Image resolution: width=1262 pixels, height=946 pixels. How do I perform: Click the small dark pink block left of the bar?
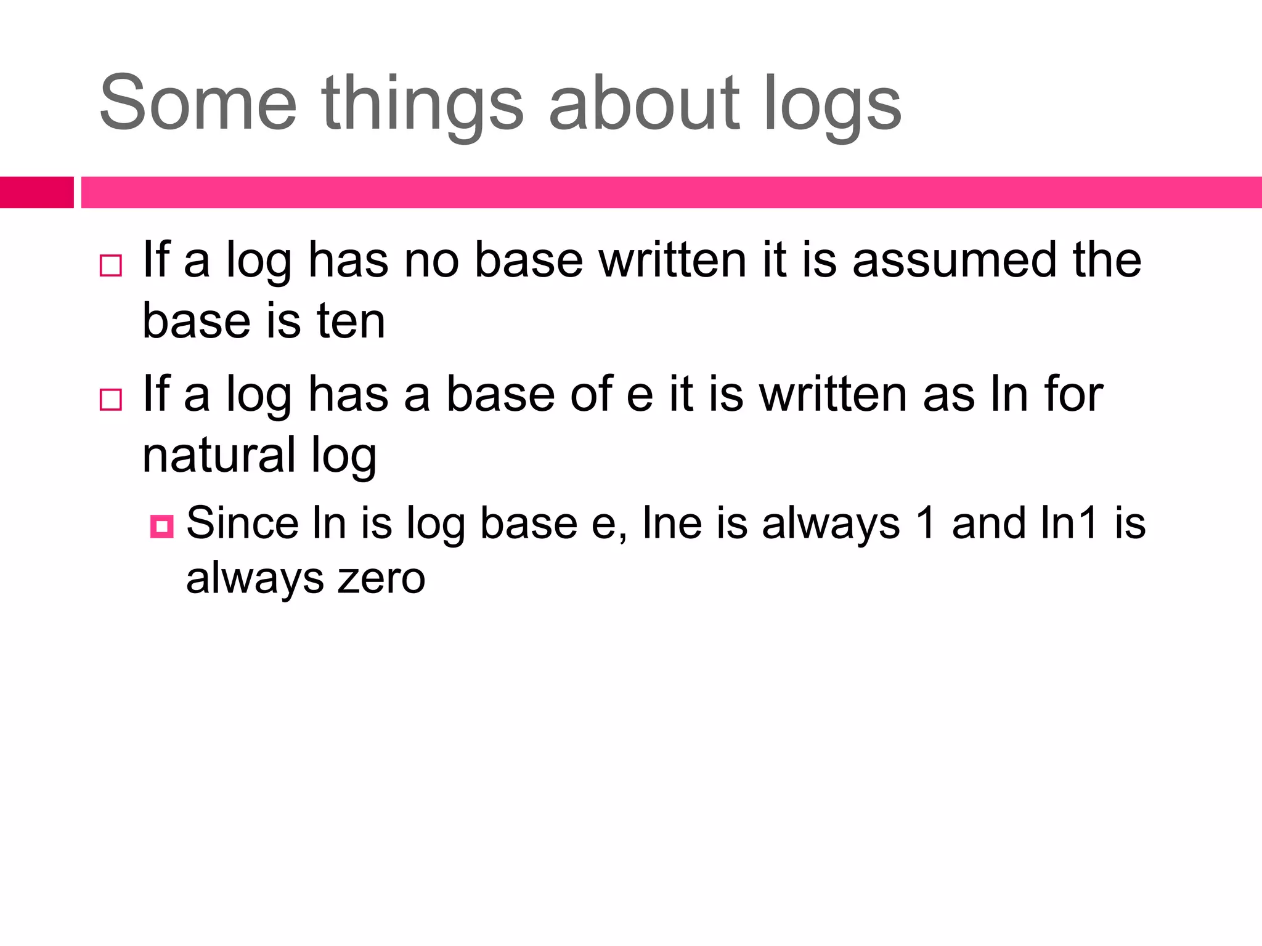[x=36, y=192]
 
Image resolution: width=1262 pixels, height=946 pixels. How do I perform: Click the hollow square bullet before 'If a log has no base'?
[x=111, y=265]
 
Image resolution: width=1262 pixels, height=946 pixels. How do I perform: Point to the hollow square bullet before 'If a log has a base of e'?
[x=111, y=400]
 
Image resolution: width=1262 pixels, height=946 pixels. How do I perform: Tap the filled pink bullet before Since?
[x=161, y=527]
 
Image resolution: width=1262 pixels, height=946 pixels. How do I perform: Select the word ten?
[x=351, y=321]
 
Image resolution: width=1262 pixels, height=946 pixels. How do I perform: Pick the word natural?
[x=219, y=455]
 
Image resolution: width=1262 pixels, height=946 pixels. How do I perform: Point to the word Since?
[x=244, y=524]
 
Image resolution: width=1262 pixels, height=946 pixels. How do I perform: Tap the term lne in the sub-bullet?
[x=672, y=524]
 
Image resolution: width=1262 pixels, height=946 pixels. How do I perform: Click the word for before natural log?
[x=1073, y=394]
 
